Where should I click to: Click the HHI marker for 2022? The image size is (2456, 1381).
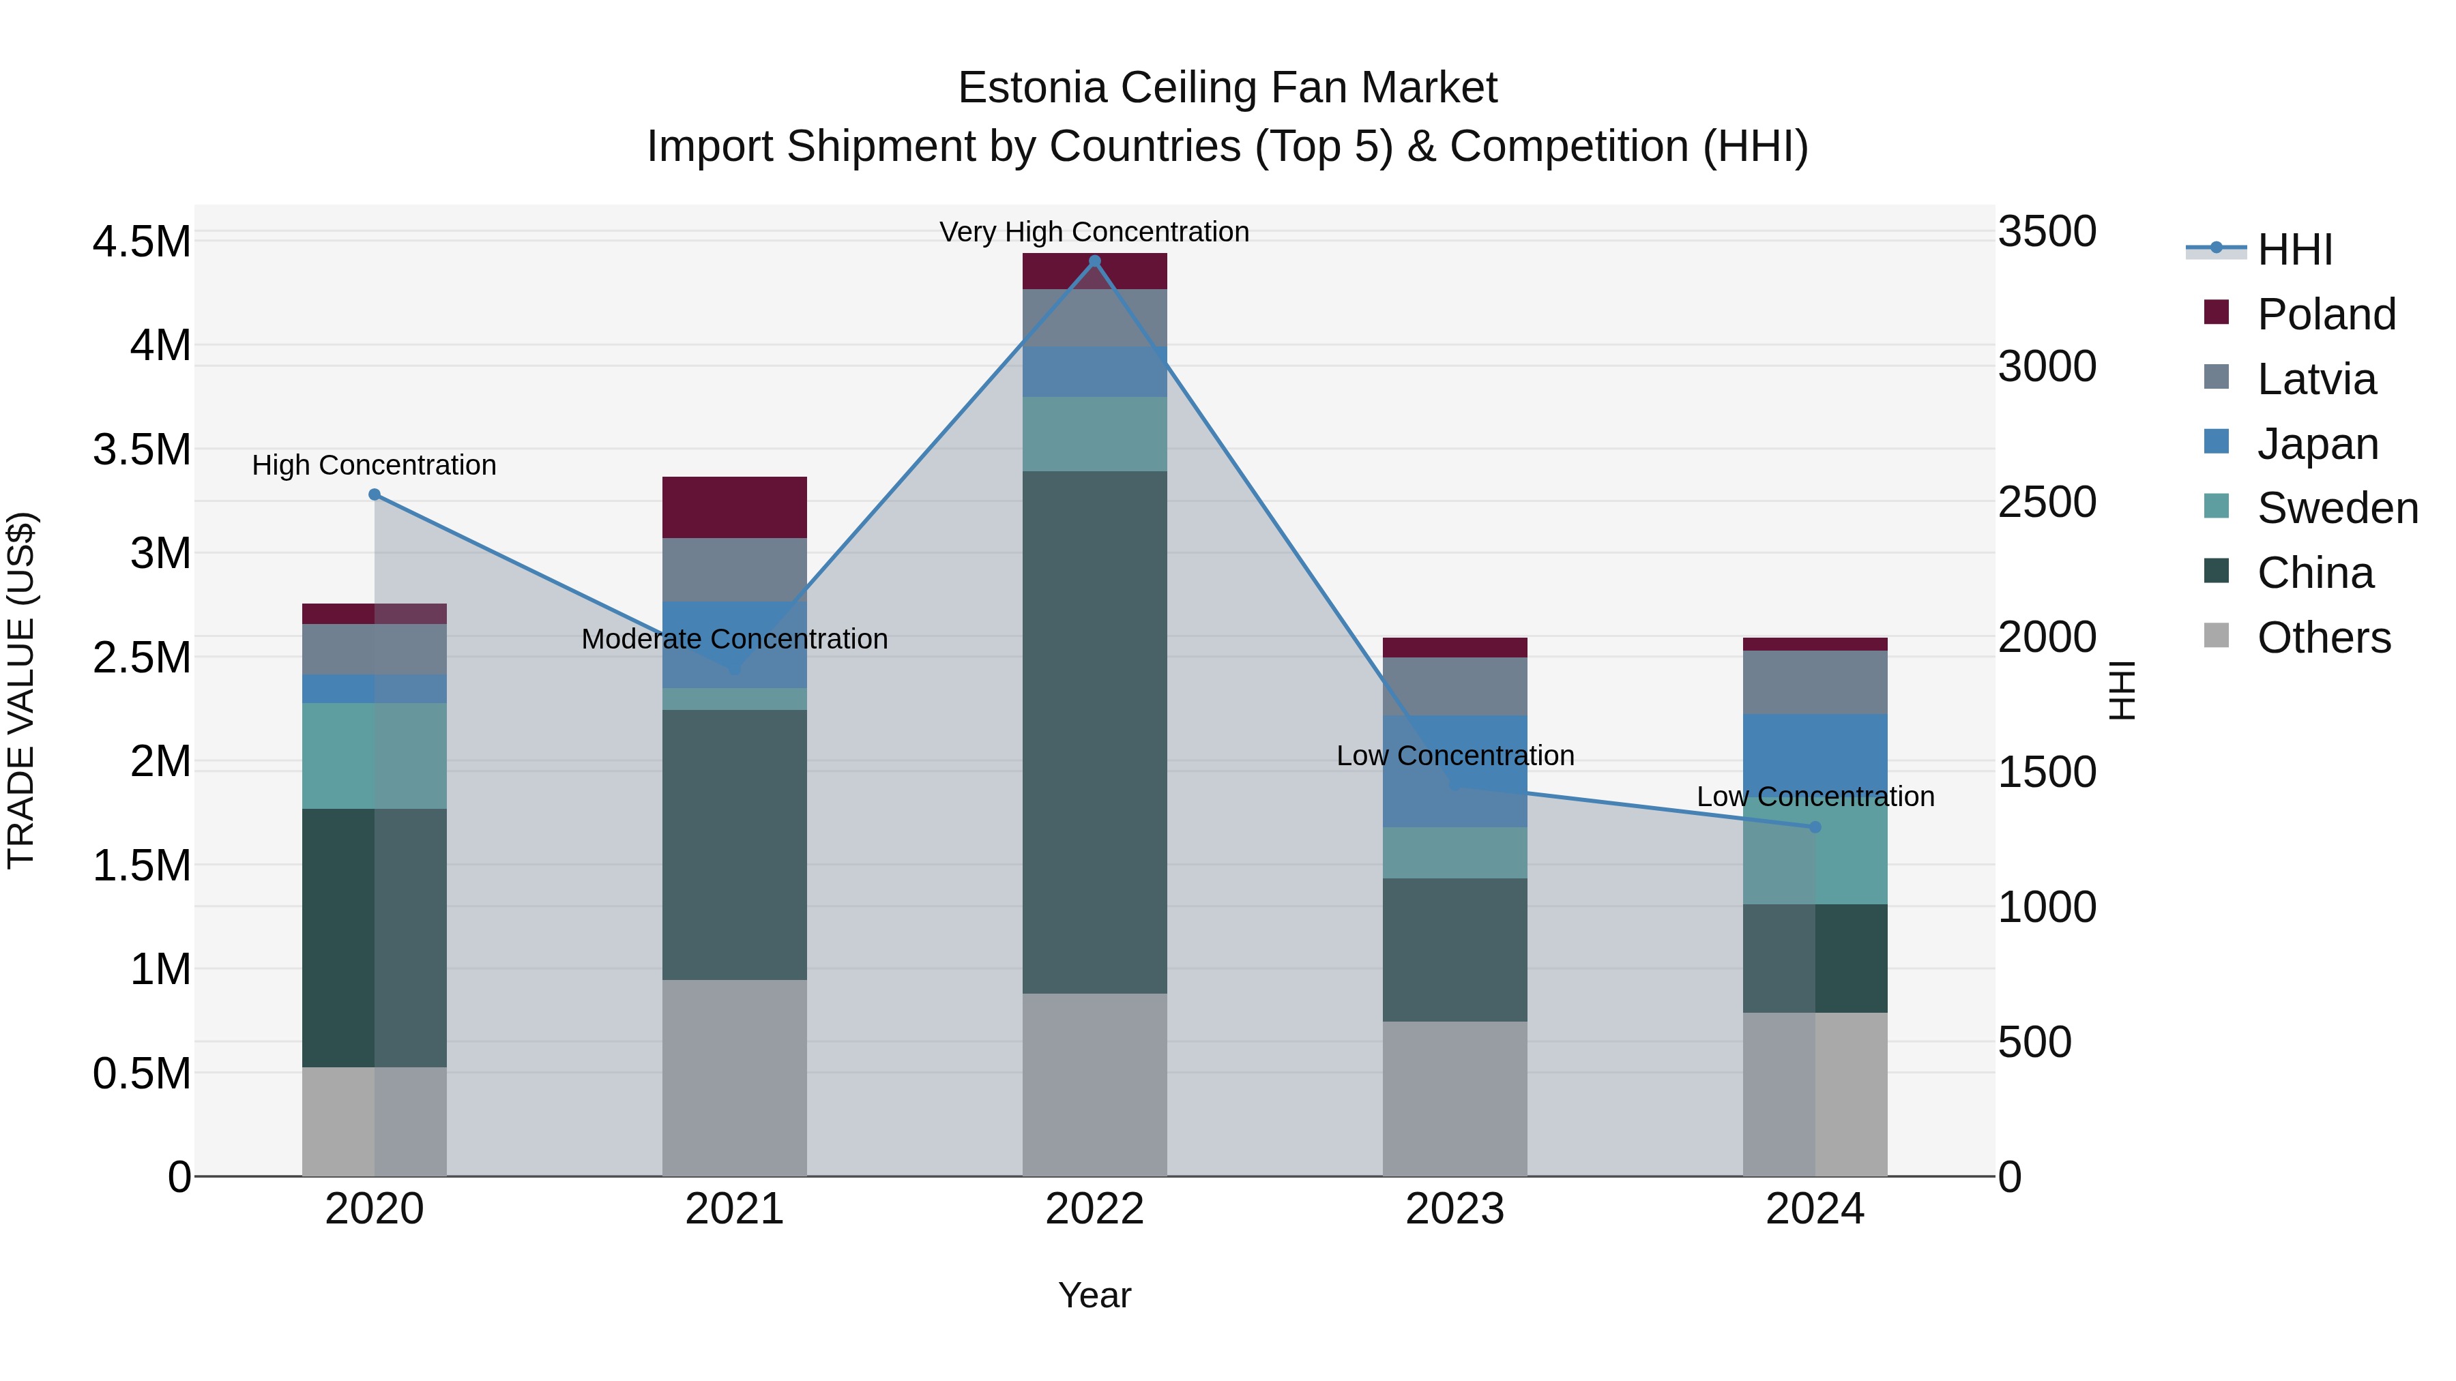coord(1094,261)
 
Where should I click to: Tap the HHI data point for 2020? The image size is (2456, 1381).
coord(375,494)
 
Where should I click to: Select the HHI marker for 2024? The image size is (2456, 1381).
coord(1815,827)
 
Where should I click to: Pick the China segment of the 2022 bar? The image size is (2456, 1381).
coord(1094,732)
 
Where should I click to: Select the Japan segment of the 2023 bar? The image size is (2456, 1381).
coord(1455,771)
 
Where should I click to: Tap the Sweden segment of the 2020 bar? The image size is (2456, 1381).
coord(375,756)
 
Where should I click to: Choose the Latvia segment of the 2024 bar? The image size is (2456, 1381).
coord(1815,683)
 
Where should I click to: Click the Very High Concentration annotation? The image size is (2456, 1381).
coord(1094,232)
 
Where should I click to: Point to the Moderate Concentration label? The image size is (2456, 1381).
coord(734,638)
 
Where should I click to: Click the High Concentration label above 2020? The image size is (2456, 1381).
coord(375,465)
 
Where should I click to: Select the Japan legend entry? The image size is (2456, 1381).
coord(2317,444)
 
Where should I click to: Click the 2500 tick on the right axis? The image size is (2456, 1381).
coord(2046,502)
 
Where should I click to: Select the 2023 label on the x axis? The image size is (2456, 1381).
coord(1455,1209)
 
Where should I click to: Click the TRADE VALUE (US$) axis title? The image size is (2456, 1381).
coord(22,690)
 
